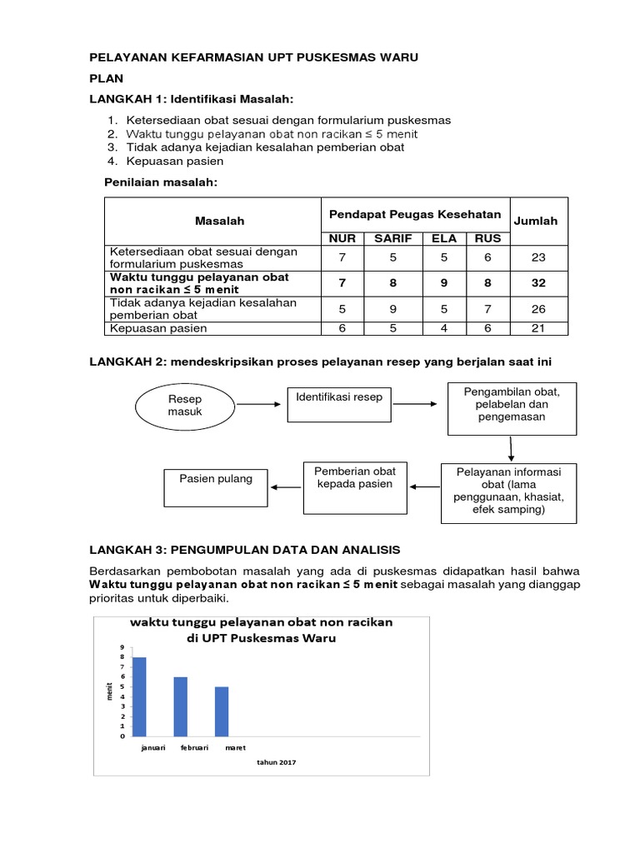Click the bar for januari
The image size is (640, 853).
[x=139, y=696]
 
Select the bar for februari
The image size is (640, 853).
[x=181, y=706]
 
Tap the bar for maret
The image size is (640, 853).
[x=222, y=711]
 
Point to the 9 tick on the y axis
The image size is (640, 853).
[x=122, y=647]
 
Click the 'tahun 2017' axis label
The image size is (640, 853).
[x=277, y=762]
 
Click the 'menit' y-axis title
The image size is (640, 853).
[x=110, y=691]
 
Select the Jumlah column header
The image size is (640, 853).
[x=536, y=221]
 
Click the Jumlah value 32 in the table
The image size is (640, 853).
[x=538, y=283]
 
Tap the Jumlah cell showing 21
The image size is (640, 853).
[x=538, y=328]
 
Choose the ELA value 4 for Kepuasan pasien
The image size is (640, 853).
[x=444, y=328]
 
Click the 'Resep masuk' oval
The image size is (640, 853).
[x=184, y=406]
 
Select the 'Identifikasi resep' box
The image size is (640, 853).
[x=339, y=404]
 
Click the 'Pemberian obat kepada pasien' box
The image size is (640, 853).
[x=354, y=484]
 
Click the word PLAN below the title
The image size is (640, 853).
[x=107, y=78]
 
